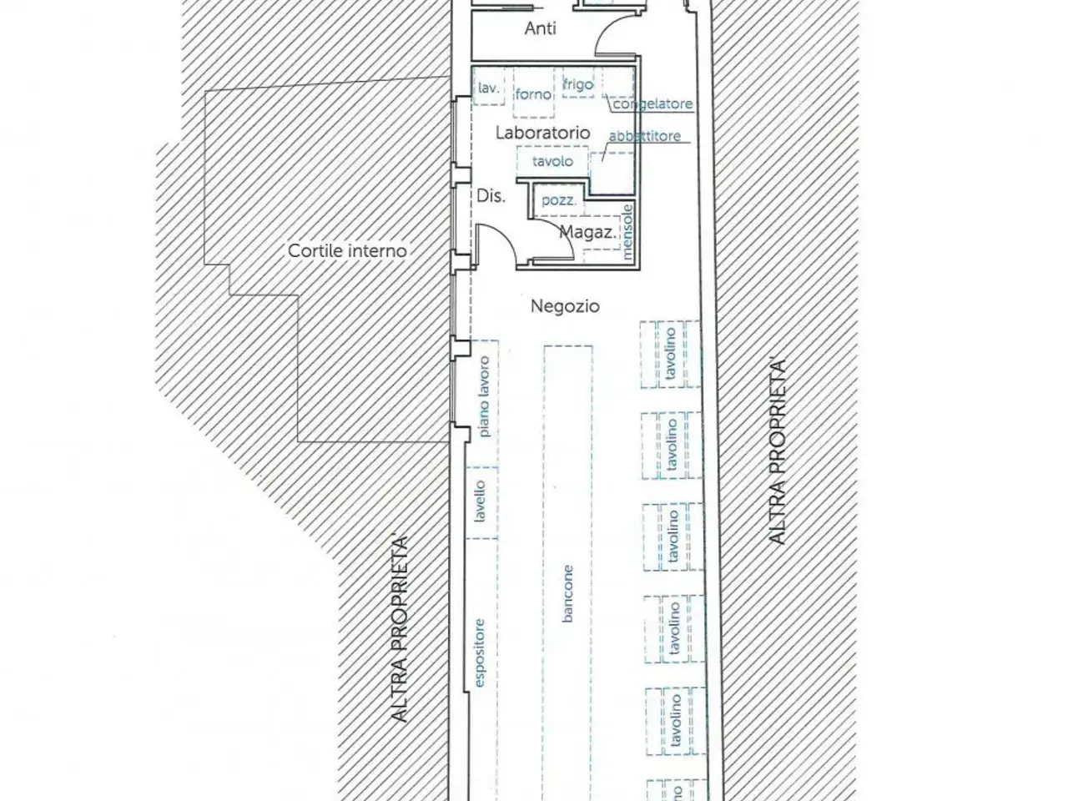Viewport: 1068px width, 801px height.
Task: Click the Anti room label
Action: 540,28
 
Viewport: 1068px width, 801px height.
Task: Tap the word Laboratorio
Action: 543,133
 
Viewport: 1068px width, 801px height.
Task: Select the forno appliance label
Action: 533,93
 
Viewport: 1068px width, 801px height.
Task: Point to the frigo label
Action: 578,84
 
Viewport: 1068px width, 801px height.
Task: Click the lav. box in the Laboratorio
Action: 488,86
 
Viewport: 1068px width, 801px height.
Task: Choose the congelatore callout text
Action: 653,104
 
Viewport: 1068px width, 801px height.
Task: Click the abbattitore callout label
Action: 645,136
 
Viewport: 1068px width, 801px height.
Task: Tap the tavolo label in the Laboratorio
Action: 552,161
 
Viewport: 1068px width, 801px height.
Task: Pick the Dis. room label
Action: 491,196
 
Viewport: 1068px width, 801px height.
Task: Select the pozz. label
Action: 559,200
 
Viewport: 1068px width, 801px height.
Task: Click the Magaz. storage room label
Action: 588,232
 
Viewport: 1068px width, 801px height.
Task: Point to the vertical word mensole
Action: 627,232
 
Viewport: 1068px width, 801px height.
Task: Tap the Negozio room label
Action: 565,306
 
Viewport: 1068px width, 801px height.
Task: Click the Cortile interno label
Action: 347,251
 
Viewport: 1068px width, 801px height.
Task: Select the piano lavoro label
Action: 485,397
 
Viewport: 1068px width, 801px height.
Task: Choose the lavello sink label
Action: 480,501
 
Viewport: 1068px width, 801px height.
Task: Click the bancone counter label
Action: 567,593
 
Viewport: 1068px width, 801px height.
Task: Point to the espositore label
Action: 480,652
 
